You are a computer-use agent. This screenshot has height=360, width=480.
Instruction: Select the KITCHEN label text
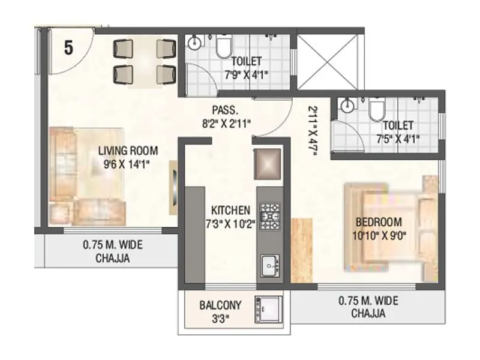click(230, 211)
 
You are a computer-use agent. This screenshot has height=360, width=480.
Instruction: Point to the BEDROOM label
click(377, 220)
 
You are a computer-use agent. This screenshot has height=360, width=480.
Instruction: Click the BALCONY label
click(220, 305)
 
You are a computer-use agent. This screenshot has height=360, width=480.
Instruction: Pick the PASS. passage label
click(225, 111)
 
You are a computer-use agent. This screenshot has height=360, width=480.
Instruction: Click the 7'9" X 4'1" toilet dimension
click(247, 75)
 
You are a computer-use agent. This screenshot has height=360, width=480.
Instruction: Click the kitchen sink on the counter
click(271, 264)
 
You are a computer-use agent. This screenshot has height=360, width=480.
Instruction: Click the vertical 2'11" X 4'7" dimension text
click(313, 131)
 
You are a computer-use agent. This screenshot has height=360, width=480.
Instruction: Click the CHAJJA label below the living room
click(112, 259)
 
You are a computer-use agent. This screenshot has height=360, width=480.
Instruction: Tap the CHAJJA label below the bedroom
click(368, 314)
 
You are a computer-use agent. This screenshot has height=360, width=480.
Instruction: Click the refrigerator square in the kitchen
click(268, 164)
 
